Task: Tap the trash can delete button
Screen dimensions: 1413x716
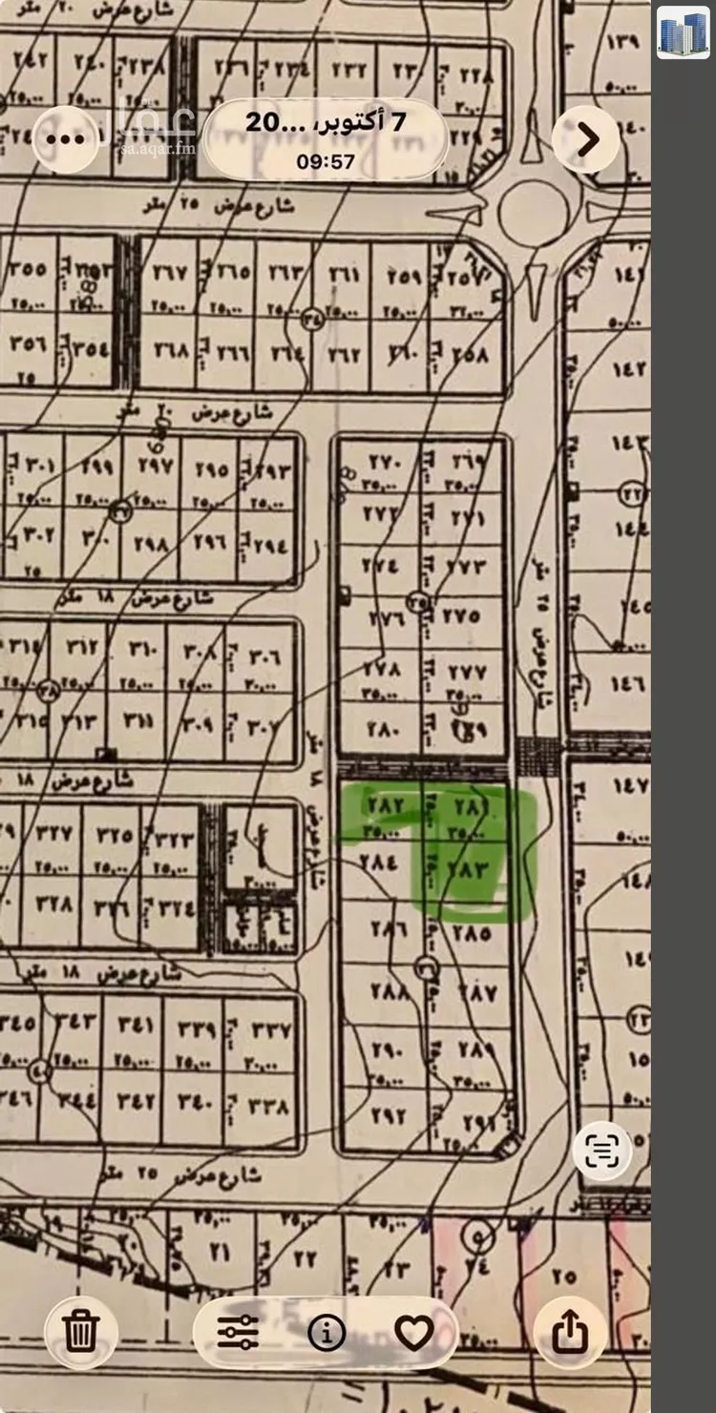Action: tap(80, 1331)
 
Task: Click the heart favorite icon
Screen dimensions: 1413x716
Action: tap(413, 1332)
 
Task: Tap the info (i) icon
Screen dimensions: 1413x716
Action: tap(326, 1332)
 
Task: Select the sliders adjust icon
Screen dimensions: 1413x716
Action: tap(238, 1332)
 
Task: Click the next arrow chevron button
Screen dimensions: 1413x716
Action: tap(586, 140)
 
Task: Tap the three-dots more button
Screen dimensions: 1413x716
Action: tap(65, 139)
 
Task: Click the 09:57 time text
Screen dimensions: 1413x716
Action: tap(326, 161)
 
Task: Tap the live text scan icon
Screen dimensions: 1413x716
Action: tap(601, 1153)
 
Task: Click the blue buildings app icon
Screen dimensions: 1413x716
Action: tap(683, 33)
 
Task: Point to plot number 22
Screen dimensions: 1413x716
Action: tap(305, 1258)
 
